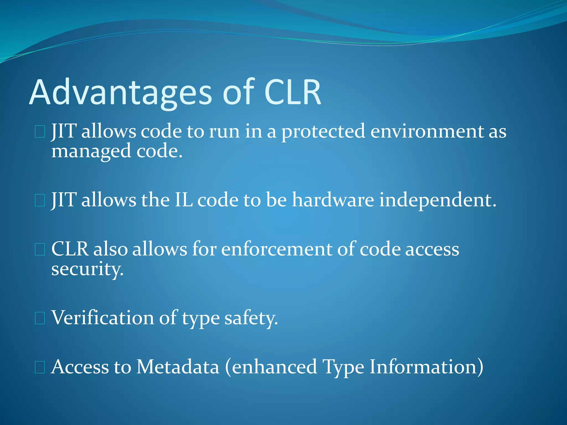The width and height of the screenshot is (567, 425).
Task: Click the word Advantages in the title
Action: point(120,93)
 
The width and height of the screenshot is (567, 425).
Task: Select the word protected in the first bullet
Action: point(323,132)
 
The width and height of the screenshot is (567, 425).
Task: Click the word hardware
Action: point(333,200)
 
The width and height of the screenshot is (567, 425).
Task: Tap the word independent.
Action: point(437,200)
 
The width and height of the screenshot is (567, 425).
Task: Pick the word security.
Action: point(87,269)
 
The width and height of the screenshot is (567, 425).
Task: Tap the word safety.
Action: point(251,318)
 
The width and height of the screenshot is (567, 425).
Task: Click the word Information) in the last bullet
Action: point(426,367)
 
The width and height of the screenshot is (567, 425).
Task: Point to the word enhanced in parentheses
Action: point(274,367)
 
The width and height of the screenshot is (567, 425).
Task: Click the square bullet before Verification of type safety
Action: point(40,318)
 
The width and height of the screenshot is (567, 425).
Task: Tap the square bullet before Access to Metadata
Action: point(40,367)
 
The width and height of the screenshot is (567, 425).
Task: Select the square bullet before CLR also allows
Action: point(40,250)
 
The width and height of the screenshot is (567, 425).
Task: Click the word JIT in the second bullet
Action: point(64,200)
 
